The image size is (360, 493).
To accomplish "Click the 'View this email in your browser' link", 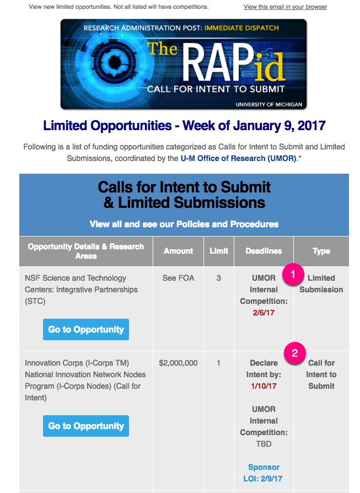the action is coord(285,7).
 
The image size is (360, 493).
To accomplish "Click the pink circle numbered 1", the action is coord(293,274).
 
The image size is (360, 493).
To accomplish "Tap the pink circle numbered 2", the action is coord(294,353).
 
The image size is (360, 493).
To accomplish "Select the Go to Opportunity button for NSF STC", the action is coord(86,330).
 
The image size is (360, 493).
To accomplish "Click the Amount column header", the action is coord(178,251).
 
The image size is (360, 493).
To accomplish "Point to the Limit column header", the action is coord(219,251).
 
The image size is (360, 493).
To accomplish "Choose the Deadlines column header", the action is coord(264,251).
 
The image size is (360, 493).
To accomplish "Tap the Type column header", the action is coord(321,251).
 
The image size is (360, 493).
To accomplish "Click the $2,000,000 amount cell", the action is coord(178,363).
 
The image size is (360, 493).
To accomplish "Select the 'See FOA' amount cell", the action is coord(178,278).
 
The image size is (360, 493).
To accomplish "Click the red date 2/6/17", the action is coord(264,313).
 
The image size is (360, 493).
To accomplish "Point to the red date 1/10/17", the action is coord(264,386).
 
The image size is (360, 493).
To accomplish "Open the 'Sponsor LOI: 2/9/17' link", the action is coord(264,473).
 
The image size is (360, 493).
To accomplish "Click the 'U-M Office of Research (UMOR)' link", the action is coord(239,158).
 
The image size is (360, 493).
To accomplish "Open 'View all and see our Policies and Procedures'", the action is coord(184,224).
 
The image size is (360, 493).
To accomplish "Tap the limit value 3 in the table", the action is coord(218,278).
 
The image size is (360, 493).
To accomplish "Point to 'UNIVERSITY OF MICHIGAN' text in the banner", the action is coord(269,104).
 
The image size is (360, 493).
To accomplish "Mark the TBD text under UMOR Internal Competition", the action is coord(264,444).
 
